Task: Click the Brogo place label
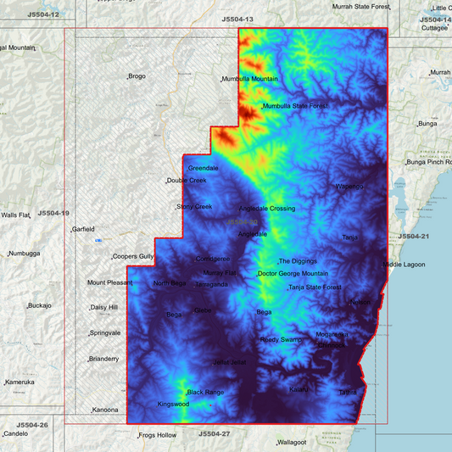[x=137, y=77]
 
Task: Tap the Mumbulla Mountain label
[x=250, y=80]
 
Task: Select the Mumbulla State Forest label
[x=295, y=106]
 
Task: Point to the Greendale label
[x=203, y=168]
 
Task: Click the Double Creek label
[x=187, y=181]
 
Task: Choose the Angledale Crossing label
[x=267, y=209]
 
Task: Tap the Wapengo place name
[x=349, y=187]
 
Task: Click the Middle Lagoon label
[x=404, y=265]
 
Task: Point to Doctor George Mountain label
[x=293, y=274]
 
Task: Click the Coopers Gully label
[x=134, y=256]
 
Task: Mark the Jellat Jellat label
[x=229, y=362]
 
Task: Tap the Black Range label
[x=205, y=393]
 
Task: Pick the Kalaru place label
[x=299, y=389]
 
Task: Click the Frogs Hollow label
[x=158, y=436]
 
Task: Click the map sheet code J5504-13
[x=237, y=18]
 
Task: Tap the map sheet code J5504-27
[x=215, y=433]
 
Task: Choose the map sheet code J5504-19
[x=53, y=213]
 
